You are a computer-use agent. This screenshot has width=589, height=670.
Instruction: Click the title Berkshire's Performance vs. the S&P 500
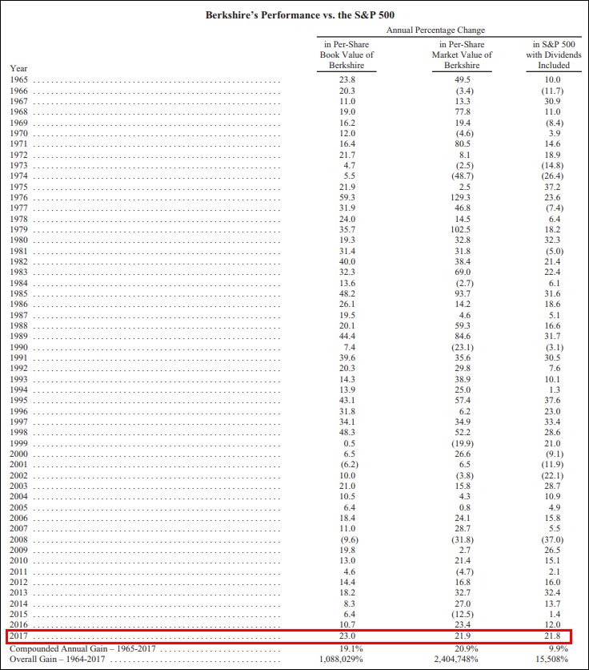pos(294,15)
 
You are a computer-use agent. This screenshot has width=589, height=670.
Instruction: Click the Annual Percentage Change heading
pos(435,30)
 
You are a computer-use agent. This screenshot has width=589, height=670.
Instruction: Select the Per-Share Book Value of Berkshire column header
pos(347,54)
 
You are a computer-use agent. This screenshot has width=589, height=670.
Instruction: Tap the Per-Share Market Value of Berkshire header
pos(466,54)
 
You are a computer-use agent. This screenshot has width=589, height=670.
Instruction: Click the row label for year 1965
pos(19,80)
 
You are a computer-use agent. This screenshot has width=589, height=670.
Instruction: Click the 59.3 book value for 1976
pos(347,197)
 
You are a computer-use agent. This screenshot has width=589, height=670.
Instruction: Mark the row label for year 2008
pos(19,540)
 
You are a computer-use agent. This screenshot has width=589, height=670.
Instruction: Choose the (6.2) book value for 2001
pos(347,465)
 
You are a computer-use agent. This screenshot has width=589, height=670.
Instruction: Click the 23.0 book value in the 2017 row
pos(347,636)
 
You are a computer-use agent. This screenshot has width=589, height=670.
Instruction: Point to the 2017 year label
pos(19,636)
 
